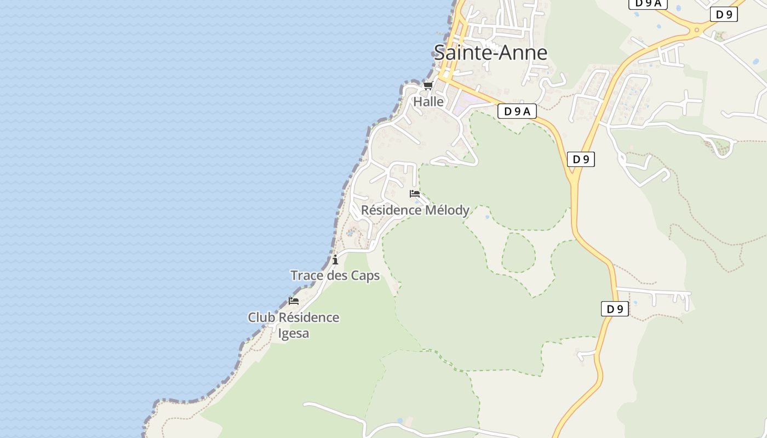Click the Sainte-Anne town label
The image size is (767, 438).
coord(490,53)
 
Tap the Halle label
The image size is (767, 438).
coord(428,102)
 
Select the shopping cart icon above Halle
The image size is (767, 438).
coord(428,86)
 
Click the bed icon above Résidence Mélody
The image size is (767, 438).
coord(415,194)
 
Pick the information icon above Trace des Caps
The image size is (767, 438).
coord(335,260)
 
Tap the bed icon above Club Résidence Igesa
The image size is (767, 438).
coord(294,301)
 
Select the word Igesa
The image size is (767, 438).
coord(294,333)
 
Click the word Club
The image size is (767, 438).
coord(261,318)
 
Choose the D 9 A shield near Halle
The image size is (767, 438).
coord(517,112)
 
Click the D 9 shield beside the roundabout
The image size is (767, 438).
coord(724,15)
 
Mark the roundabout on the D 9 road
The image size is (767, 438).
coord(697,30)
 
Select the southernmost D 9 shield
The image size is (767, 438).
coord(615,309)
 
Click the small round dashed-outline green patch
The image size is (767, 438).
coord(518,252)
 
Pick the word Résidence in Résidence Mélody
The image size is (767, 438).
coord(391,210)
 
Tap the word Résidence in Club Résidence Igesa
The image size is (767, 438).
coord(309,318)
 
